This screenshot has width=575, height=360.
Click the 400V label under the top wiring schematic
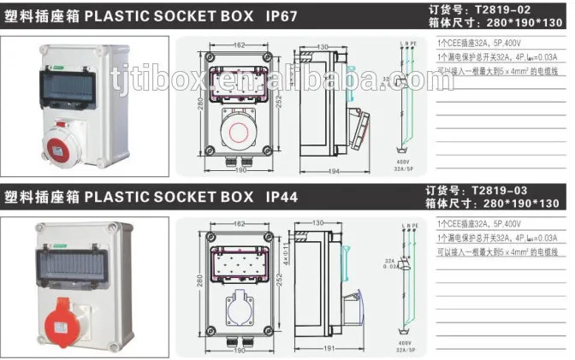[x=402, y=160]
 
